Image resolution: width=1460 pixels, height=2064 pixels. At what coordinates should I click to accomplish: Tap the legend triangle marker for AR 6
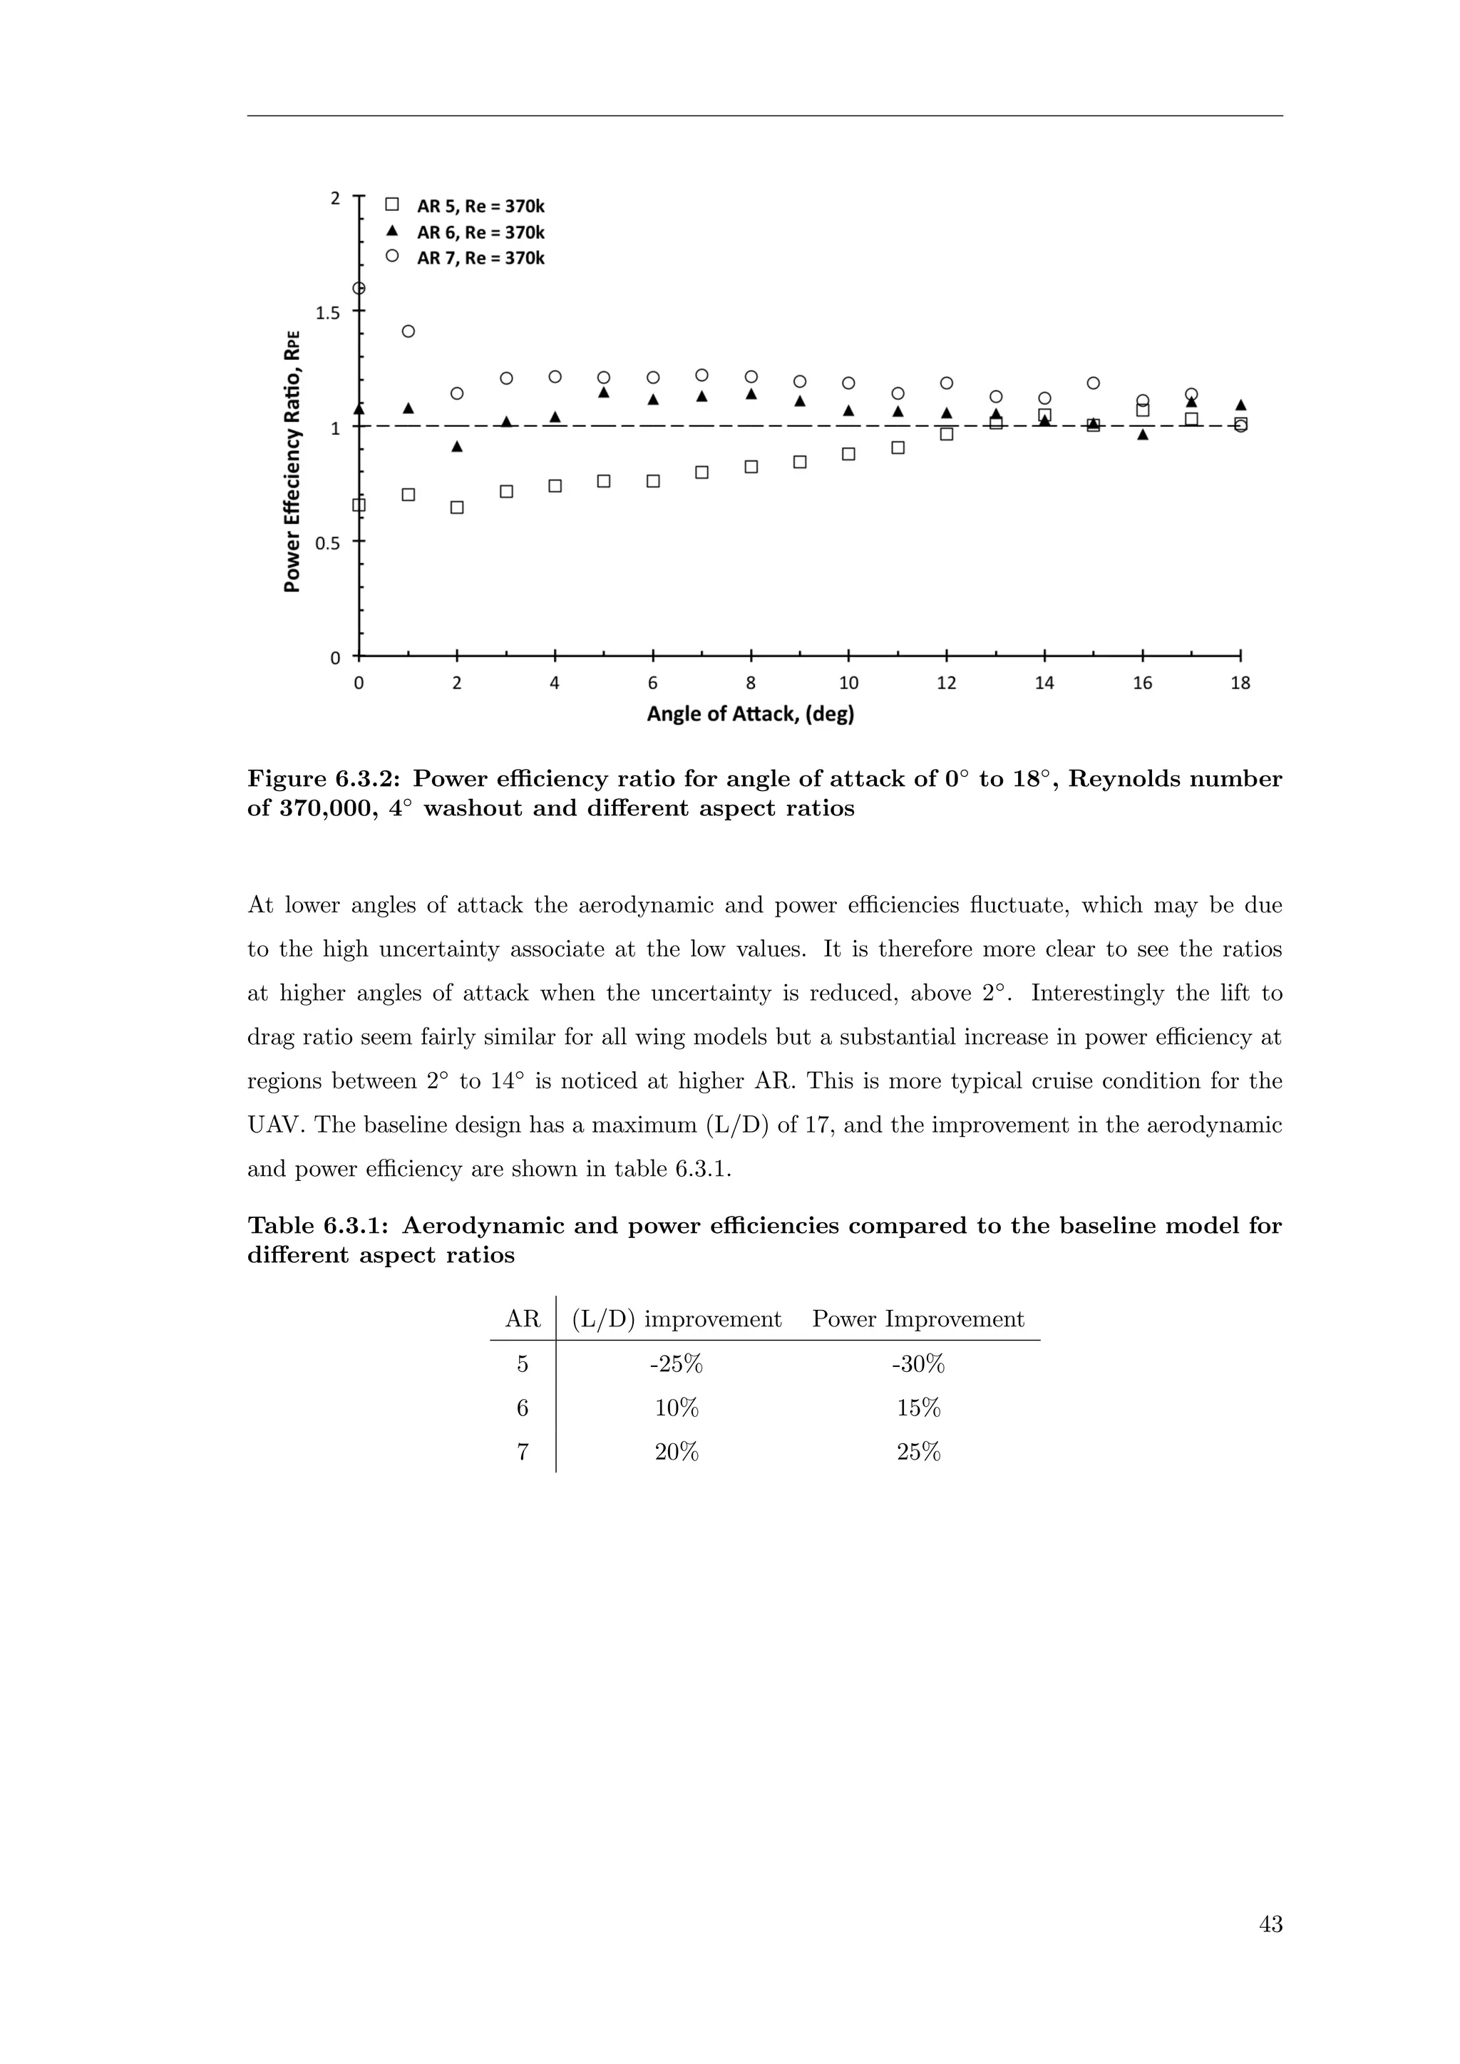(392, 230)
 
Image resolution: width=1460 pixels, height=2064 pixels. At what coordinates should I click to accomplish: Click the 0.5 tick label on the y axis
(327, 543)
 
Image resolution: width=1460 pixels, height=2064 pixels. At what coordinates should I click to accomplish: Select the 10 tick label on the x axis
(848, 683)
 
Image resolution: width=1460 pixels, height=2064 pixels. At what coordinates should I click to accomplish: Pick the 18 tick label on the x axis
(1240, 683)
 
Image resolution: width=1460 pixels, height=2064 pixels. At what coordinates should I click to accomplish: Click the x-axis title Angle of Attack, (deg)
(750, 715)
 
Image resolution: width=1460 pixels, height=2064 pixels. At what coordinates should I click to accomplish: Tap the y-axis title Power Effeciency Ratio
(292, 460)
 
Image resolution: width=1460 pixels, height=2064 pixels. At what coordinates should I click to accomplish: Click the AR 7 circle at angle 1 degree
(408, 331)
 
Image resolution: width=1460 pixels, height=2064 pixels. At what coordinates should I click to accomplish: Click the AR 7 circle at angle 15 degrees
(1093, 383)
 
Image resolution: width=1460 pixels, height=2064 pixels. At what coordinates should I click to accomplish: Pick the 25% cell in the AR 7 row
(918, 1452)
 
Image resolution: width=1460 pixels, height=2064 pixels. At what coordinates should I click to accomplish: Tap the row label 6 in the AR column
(523, 1408)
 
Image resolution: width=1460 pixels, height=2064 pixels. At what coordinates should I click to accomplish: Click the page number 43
(1270, 1924)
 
